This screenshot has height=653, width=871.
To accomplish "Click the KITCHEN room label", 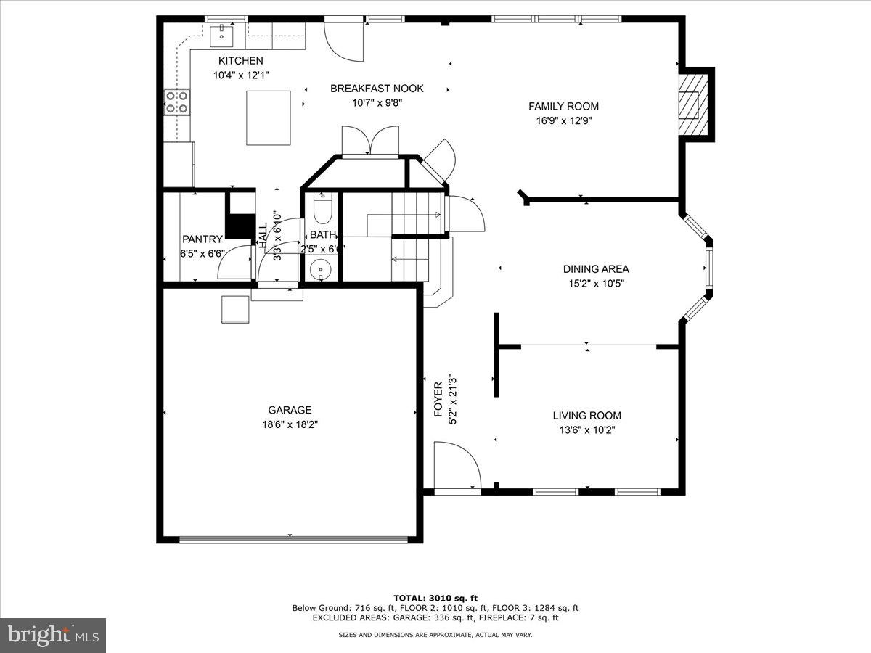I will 240,61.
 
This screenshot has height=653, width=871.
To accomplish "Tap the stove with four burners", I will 177,102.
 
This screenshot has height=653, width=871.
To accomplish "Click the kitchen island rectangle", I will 269,118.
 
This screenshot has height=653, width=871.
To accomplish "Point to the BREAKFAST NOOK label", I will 377,89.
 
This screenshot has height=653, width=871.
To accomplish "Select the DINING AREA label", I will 596,269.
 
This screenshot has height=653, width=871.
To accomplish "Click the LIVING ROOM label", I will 586,416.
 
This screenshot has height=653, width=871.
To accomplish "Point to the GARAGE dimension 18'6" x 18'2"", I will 290,425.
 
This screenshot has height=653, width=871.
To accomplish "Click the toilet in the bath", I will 322,209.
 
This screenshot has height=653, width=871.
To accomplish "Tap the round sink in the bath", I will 319,270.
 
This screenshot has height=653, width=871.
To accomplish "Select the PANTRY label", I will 203,239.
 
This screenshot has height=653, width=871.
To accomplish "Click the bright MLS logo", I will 53,635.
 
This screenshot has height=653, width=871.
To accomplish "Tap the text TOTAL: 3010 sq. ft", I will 435,598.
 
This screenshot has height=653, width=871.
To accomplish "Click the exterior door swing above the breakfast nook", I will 343,39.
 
